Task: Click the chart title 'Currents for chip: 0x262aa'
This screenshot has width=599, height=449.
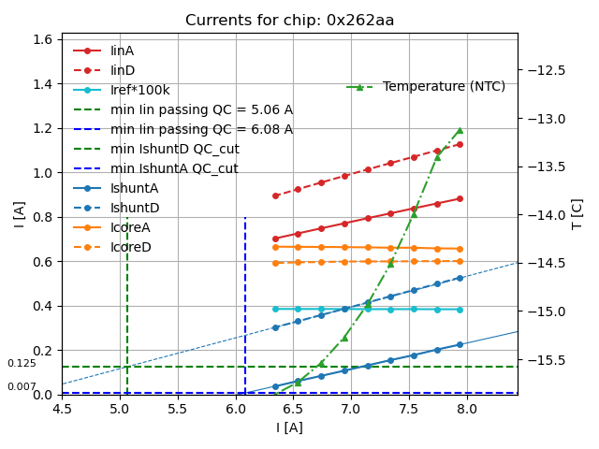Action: tap(289, 21)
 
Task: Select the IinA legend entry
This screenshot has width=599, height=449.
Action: tap(123, 51)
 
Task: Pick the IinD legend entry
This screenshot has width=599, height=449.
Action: tap(123, 70)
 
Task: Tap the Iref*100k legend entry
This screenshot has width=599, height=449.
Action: tap(140, 90)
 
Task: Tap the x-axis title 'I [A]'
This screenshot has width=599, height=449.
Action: tap(289, 427)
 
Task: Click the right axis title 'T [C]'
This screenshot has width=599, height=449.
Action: tap(577, 213)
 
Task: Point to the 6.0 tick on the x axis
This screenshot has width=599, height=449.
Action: tap(235, 408)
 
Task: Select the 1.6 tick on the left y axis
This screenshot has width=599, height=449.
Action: tap(42, 39)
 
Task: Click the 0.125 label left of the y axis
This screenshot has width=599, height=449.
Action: tap(22, 363)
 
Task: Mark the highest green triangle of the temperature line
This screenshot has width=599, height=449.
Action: tap(460, 130)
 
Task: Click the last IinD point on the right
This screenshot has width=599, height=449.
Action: tap(460, 144)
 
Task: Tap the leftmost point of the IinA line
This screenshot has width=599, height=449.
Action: tap(275, 239)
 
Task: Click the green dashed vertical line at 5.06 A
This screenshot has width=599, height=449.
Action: tap(127, 299)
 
